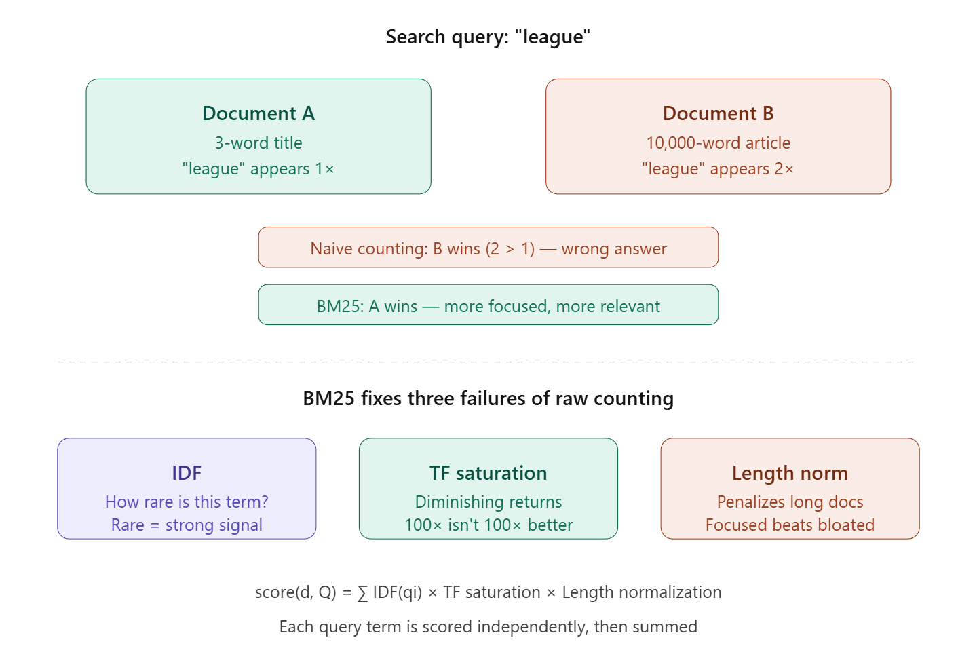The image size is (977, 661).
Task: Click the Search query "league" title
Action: [488, 37]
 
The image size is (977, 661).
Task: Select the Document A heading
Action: [258, 113]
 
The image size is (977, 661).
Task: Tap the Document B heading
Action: [718, 113]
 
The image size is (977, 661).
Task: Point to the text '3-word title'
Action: [258, 143]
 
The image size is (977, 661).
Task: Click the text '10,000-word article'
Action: [718, 143]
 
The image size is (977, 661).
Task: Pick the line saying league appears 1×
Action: [258, 169]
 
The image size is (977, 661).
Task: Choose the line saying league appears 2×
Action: [718, 169]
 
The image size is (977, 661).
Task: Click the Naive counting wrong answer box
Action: [488, 248]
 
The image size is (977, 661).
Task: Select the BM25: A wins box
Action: [488, 306]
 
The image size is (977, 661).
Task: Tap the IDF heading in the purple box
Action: [187, 473]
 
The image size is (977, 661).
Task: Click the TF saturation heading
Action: [488, 473]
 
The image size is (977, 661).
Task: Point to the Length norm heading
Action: [790, 473]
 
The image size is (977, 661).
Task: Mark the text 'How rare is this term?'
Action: [187, 502]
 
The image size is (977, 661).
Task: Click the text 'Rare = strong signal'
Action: [187, 525]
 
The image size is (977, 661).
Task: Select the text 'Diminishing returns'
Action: [488, 502]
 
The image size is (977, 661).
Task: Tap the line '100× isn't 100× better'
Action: [488, 525]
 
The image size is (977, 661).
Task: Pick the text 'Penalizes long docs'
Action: [790, 502]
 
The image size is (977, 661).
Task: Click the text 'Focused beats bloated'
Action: [790, 525]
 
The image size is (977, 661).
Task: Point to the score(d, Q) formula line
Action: [488, 592]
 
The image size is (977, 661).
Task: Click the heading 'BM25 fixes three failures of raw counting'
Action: [488, 398]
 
